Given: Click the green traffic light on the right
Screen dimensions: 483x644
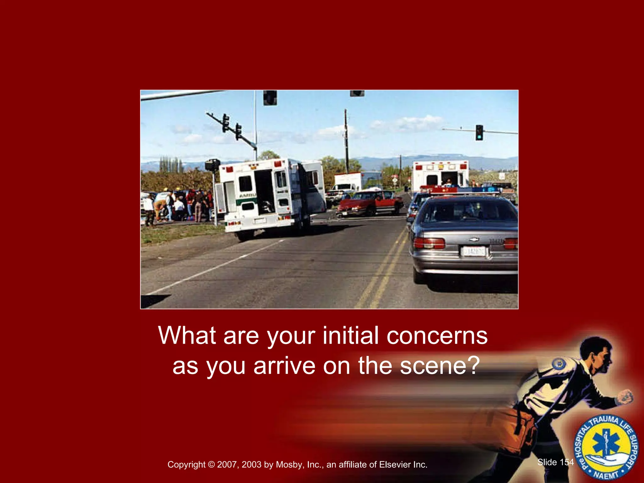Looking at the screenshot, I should [479, 133].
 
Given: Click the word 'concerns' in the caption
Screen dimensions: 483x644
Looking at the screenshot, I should [437, 336].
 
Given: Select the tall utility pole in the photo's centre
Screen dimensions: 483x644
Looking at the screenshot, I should [346, 142].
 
